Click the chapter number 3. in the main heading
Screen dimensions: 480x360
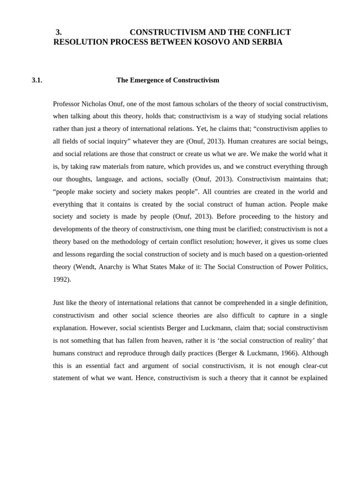tap(59, 32)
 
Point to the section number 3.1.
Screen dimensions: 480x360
tap(37, 80)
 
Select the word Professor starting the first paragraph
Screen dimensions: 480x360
tap(67, 103)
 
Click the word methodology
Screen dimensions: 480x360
tap(127, 242)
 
